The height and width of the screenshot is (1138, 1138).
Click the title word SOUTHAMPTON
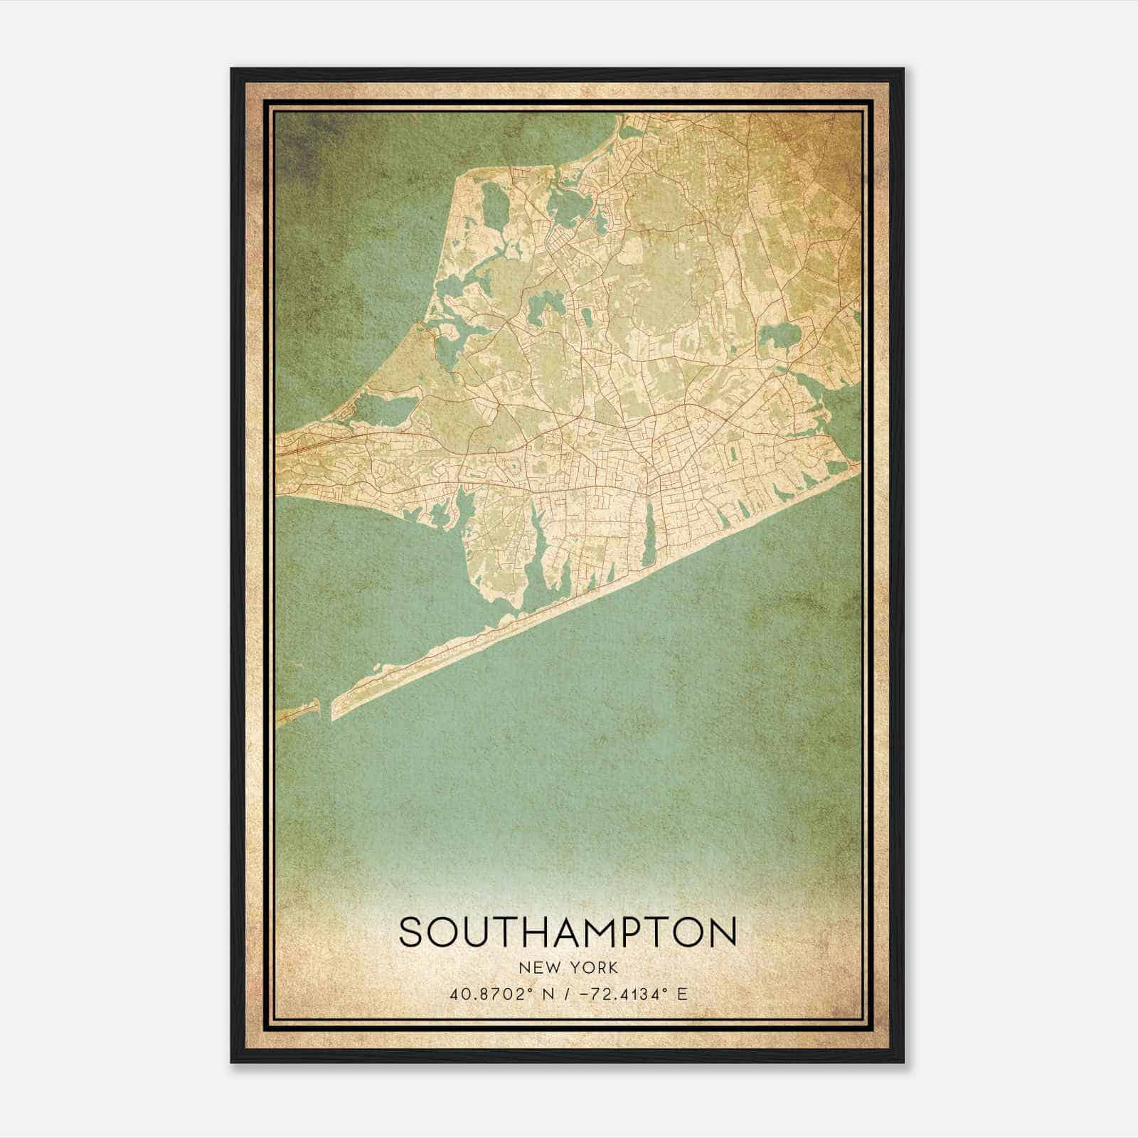tap(568, 932)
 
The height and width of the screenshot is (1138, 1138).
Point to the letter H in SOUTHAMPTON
tap(536, 932)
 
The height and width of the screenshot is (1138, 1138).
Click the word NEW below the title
tap(537, 967)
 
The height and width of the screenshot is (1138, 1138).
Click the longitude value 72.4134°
tap(627, 994)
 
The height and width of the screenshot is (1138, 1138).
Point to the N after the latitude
tap(548, 994)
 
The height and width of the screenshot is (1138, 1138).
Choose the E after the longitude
tap(682, 994)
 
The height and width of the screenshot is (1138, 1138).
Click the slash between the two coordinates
tap(566, 994)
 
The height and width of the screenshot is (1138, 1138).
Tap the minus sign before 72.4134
tap(586, 994)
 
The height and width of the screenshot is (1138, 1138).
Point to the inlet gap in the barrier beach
tap(325, 708)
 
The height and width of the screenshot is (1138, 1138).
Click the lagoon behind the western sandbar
tap(384, 410)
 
